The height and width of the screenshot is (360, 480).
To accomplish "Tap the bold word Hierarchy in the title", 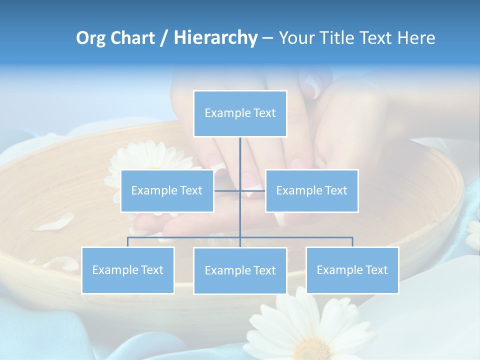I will click(215, 38).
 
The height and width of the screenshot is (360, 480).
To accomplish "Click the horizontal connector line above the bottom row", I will click(185, 237).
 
